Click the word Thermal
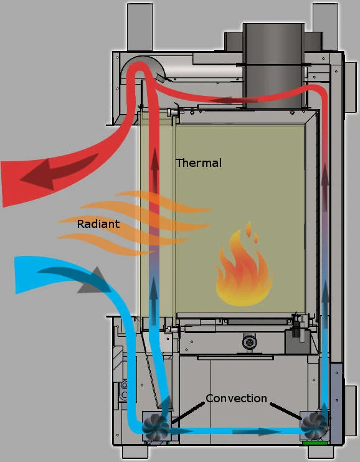pos(199,163)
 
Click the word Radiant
pos(98,224)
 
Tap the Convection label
pos(237,398)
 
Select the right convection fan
pos(313,426)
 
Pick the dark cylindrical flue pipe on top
pos(273,66)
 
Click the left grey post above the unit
pos(140,27)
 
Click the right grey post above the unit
pos(325,27)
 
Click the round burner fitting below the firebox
pos(250,342)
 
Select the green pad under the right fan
pos(315,443)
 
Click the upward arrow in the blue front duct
pos(153,301)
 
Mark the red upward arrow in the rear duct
pos(325,187)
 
